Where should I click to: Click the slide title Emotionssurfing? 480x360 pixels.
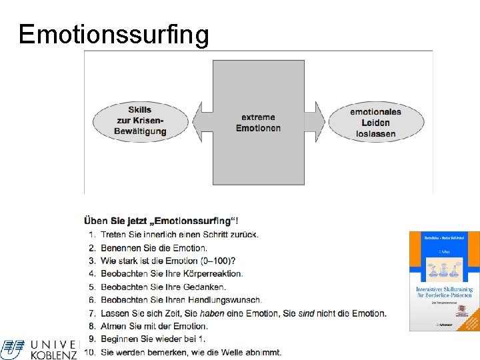click(x=113, y=34)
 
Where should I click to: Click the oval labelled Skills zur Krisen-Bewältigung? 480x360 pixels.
click(x=140, y=121)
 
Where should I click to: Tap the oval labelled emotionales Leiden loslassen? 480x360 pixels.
click(x=375, y=122)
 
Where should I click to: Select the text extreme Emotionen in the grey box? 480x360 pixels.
click(x=258, y=123)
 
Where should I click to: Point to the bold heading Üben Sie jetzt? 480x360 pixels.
click(x=162, y=221)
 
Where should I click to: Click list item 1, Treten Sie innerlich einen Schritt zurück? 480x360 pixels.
click(x=179, y=234)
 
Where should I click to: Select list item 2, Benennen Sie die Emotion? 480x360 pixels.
click(x=154, y=247)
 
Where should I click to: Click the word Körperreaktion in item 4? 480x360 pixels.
click(x=214, y=273)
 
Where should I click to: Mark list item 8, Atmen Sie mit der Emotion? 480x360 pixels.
click(x=154, y=326)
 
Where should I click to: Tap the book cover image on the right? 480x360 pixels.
click(x=443, y=281)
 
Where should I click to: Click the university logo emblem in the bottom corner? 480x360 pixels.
click(x=12, y=349)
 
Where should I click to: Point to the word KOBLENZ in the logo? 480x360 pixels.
click(x=54, y=355)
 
